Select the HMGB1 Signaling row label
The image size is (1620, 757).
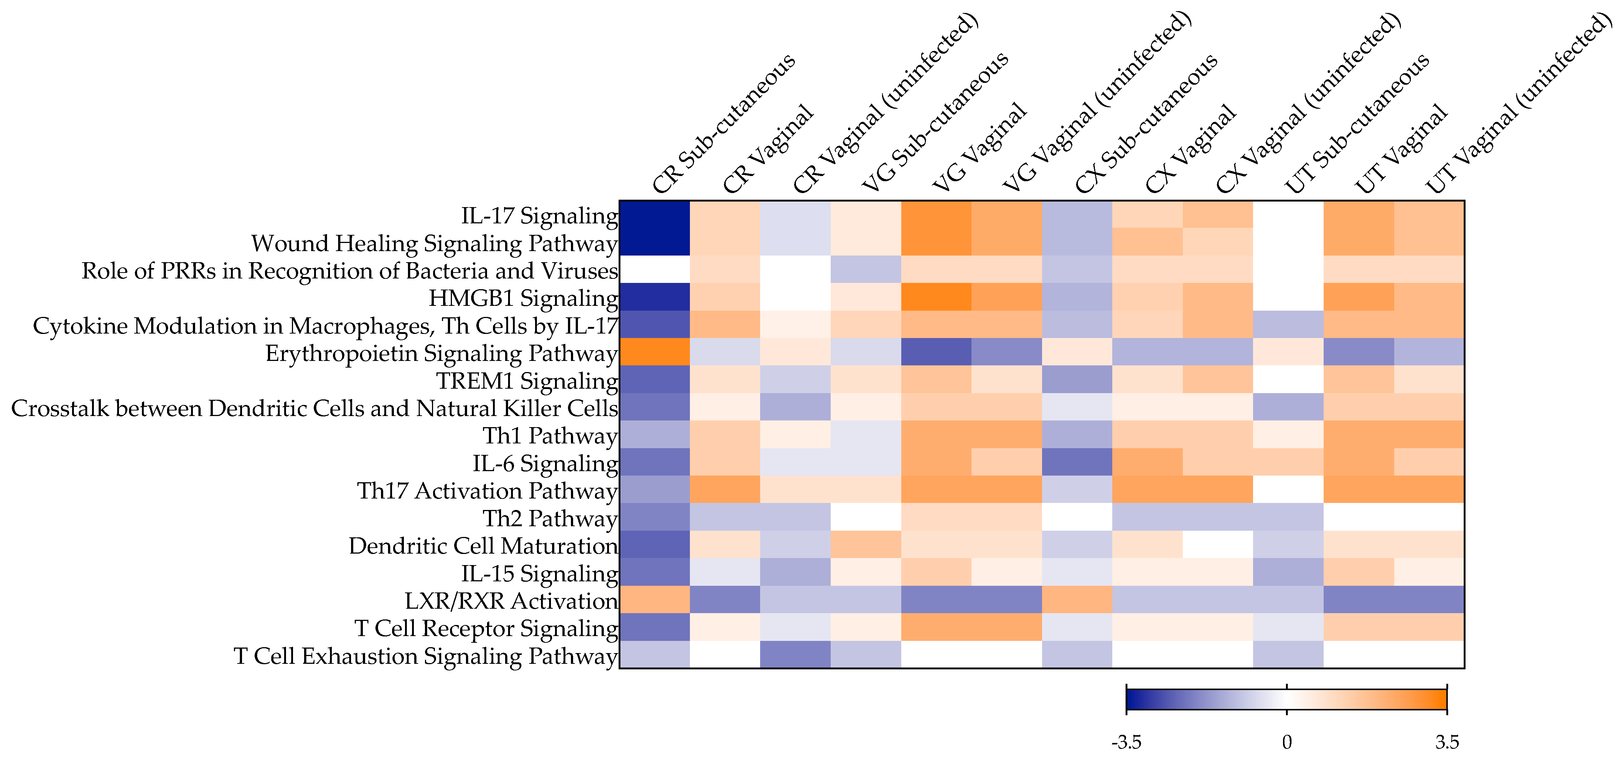(x=523, y=298)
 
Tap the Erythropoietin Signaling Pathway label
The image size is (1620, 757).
(x=442, y=354)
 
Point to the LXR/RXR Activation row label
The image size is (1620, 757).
(x=511, y=601)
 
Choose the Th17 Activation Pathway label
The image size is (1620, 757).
(x=487, y=491)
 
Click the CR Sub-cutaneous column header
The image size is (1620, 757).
(x=723, y=123)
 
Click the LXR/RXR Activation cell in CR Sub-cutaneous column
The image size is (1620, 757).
(x=655, y=600)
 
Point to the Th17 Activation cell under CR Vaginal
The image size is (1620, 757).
(x=725, y=490)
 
